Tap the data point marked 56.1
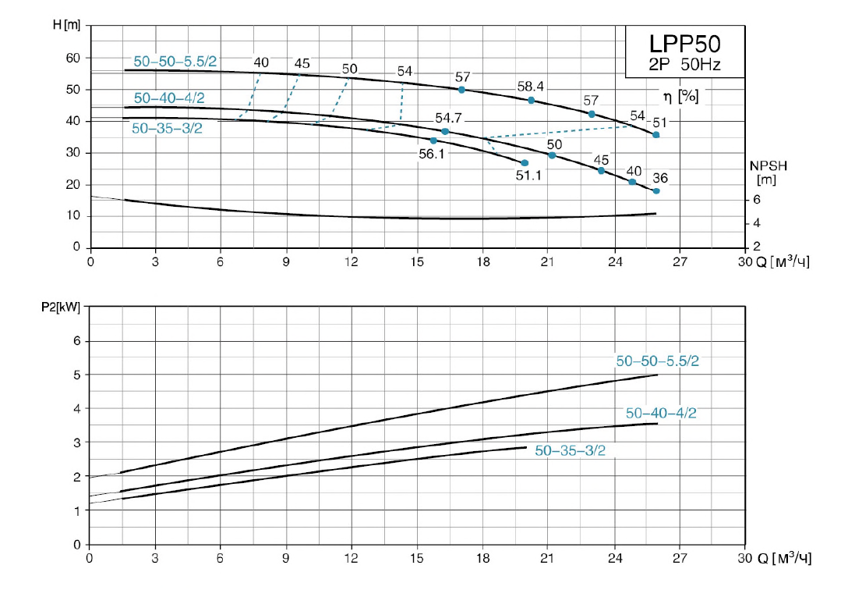(433, 140)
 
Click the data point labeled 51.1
(525, 162)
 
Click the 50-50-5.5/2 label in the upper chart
(168, 62)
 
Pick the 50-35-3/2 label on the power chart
(571, 450)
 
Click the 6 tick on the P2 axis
(76, 341)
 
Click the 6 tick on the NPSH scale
(757, 200)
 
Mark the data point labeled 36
(656, 191)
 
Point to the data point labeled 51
(656, 135)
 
